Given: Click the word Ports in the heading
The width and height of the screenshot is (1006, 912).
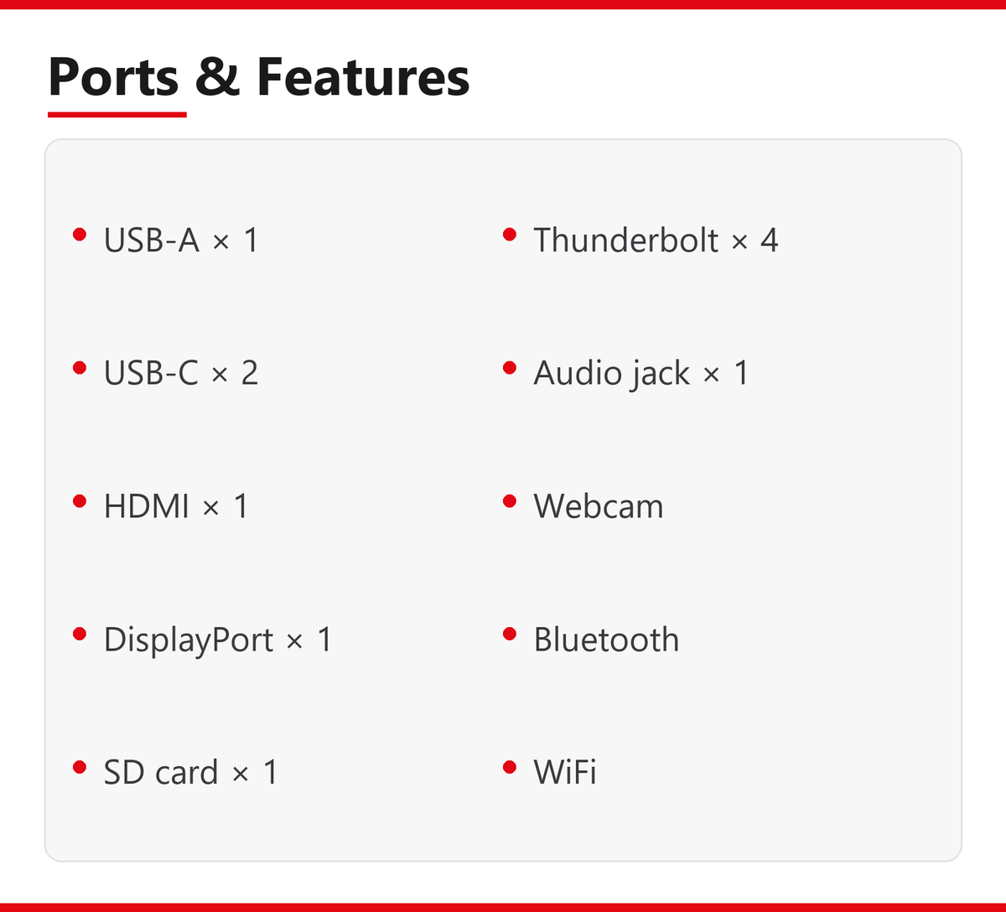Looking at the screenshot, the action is pyautogui.click(x=113, y=77).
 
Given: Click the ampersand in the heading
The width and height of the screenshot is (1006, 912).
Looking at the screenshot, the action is pyautogui.click(x=217, y=76).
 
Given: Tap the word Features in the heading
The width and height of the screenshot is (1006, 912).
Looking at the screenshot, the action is pyautogui.click(x=363, y=76).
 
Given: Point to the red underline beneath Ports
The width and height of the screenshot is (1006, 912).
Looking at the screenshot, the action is pyautogui.click(x=117, y=115).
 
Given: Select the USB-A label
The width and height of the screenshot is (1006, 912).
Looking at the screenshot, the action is pyautogui.click(x=152, y=240).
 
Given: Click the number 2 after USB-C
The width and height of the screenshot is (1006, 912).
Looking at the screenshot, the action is pyautogui.click(x=249, y=373).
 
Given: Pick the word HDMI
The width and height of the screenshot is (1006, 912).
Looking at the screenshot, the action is pyautogui.click(x=147, y=505).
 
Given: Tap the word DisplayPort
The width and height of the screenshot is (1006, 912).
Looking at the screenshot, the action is pyautogui.click(x=189, y=640).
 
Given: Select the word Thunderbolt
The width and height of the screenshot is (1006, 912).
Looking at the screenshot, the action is pyautogui.click(x=626, y=239).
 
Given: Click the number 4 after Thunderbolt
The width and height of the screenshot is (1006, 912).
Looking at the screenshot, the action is pyautogui.click(x=769, y=240).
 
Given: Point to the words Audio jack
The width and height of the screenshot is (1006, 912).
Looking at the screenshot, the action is pyautogui.click(x=611, y=374).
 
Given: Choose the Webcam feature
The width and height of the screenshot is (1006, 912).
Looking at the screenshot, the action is pyautogui.click(x=599, y=505).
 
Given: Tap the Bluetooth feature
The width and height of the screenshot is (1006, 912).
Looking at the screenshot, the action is pyautogui.click(x=606, y=639).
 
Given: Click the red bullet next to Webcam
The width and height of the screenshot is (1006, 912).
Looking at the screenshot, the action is pyautogui.click(x=510, y=501).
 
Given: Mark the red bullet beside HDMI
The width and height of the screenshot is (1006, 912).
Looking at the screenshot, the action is pyautogui.click(x=80, y=501).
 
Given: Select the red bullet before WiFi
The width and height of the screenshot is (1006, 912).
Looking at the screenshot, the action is pyautogui.click(x=510, y=767).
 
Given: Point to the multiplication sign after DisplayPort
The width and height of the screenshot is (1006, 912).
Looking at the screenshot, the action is pyautogui.click(x=295, y=641).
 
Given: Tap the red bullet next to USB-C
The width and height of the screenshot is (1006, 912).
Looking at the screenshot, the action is pyautogui.click(x=80, y=368).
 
